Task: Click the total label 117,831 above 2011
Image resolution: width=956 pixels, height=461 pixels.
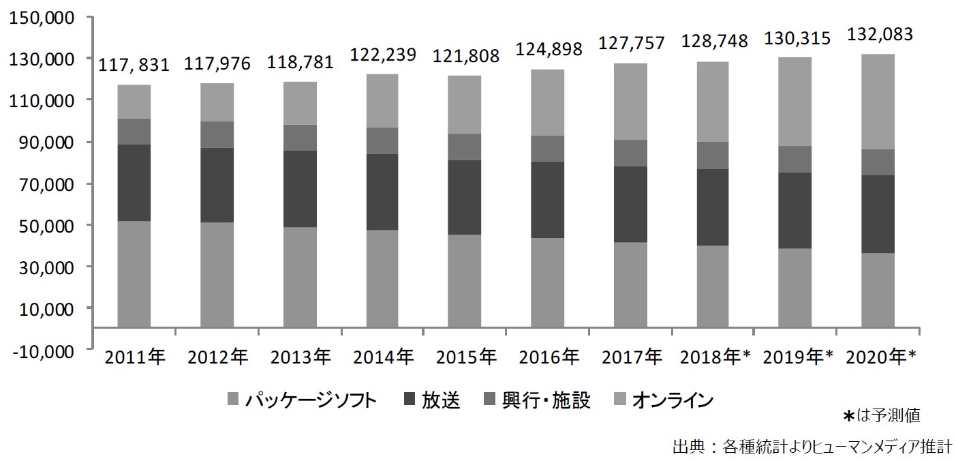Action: point(134,64)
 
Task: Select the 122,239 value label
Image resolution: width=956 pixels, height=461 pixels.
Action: point(382,53)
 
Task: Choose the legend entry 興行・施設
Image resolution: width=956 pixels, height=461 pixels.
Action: point(546,400)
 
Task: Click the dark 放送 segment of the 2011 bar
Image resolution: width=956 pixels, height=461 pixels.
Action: point(134,182)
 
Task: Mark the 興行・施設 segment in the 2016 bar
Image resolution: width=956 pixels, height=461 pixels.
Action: point(548,148)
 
